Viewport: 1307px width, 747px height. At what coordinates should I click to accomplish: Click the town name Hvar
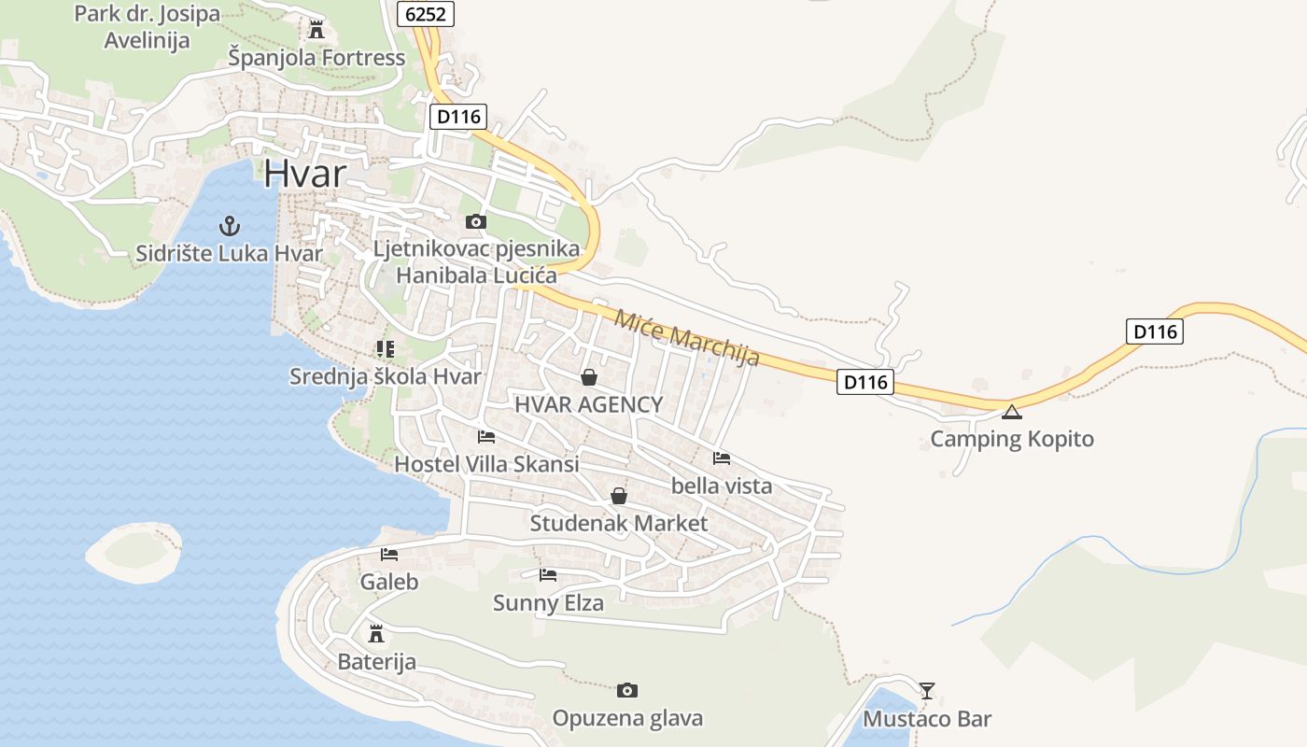(x=304, y=174)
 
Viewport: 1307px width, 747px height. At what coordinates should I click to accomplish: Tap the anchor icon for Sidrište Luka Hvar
(x=229, y=225)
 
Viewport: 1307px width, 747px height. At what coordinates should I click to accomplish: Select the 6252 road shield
(x=425, y=13)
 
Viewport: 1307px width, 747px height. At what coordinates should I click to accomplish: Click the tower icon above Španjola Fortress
(x=316, y=29)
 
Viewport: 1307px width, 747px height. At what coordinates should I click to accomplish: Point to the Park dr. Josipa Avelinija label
(x=147, y=27)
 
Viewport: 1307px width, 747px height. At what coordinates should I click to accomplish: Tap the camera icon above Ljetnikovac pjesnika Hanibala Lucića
(x=475, y=222)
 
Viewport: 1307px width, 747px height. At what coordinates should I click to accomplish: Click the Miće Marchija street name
(x=686, y=337)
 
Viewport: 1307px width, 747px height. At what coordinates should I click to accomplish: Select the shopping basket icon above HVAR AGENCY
(x=588, y=377)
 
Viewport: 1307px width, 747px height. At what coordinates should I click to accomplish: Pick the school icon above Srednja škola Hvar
(x=385, y=349)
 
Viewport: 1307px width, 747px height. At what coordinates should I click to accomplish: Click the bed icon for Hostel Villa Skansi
(x=485, y=436)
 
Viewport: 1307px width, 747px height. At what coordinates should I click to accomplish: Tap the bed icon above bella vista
(x=721, y=458)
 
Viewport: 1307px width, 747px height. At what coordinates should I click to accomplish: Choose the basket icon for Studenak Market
(x=618, y=496)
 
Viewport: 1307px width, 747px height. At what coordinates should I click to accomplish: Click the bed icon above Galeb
(x=389, y=555)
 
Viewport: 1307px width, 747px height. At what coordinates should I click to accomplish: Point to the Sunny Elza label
(x=548, y=603)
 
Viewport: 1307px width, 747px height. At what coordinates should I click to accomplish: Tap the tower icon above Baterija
(x=376, y=634)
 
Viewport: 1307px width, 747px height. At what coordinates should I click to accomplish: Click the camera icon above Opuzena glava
(x=626, y=691)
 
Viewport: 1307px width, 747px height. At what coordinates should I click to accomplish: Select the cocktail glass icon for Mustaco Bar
(x=926, y=691)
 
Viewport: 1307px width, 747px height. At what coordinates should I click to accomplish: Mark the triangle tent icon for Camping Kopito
(x=1011, y=412)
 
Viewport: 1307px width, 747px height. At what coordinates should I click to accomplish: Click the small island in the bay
(x=134, y=552)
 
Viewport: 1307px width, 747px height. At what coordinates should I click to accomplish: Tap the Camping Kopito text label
(x=1012, y=439)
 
